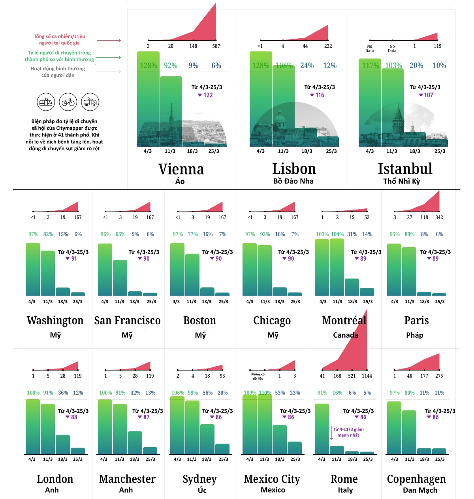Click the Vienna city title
coord(181,169)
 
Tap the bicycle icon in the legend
coord(68,102)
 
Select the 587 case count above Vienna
coord(216,46)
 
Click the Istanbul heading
coord(405,169)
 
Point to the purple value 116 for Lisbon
coord(320,95)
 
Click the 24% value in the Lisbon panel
coord(307,66)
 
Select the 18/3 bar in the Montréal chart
coord(352,287)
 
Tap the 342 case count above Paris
coord(439,217)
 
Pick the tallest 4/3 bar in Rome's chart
coord(322,429)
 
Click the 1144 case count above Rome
coord(367,376)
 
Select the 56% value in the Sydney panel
coord(208,393)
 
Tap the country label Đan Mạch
coord(420,490)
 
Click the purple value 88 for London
coord(74,418)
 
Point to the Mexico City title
coord(272,479)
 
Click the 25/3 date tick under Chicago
coord(295,302)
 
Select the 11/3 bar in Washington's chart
coord(48,273)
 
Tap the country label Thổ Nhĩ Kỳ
coord(401,181)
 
